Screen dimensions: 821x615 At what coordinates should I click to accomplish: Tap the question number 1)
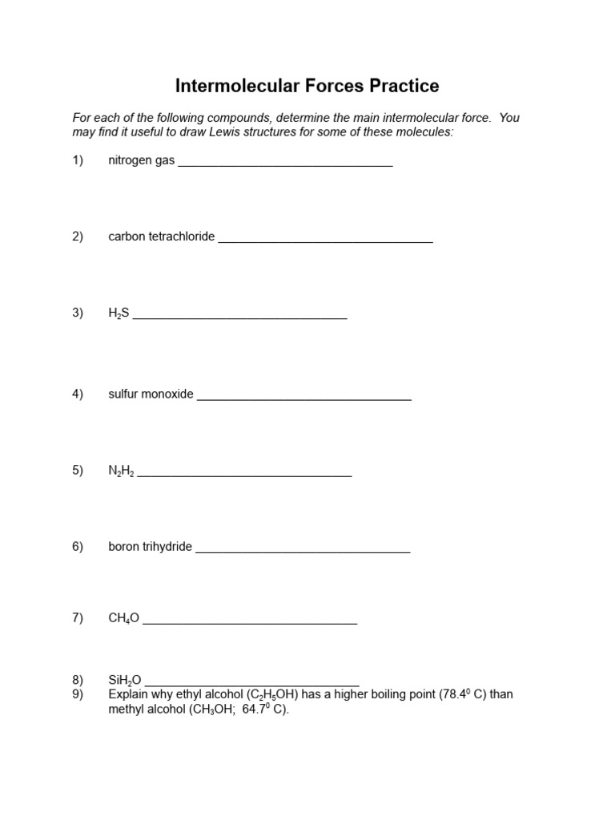[x=78, y=160]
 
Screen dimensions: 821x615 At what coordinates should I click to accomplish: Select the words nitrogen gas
[x=141, y=160]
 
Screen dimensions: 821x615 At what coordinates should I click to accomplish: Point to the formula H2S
[x=119, y=313]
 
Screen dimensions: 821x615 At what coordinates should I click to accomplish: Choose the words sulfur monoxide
[x=151, y=394]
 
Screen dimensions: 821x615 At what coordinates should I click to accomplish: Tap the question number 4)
[x=78, y=394]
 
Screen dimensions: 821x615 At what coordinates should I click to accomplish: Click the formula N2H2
[x=121, y=471]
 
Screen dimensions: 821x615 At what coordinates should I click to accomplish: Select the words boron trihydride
[x=150, y=547]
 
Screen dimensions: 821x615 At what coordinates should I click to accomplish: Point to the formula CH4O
[x=123, y=618]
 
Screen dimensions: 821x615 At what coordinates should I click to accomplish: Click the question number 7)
[x=78, y=617]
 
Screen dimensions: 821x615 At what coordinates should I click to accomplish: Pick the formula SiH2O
[x=125, y=680]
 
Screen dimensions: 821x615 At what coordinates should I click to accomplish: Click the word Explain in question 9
[x=128, y=694]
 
